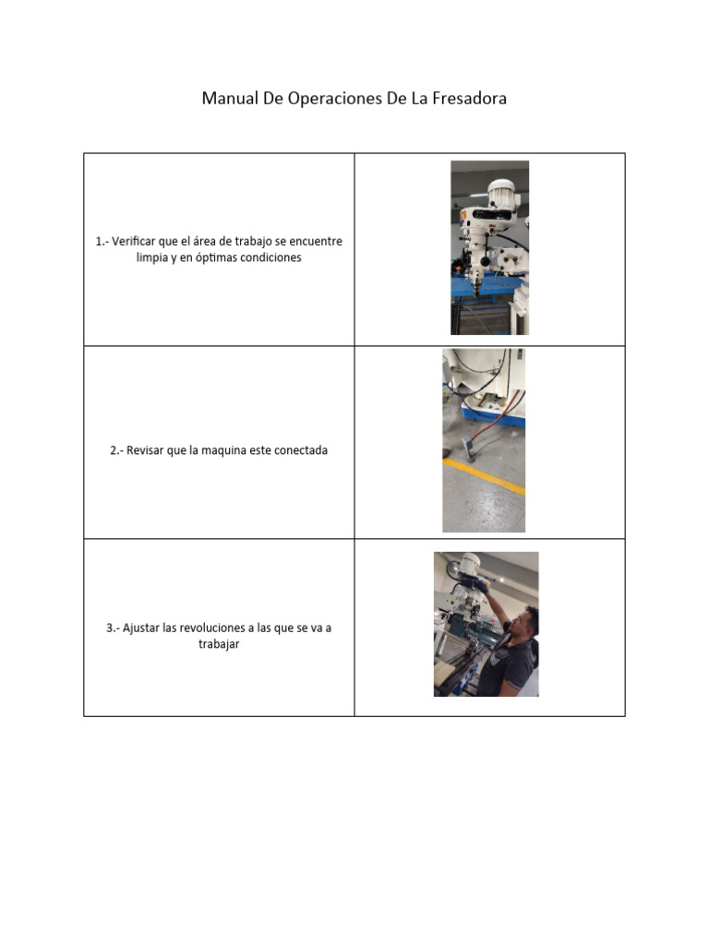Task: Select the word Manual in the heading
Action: [231, 99]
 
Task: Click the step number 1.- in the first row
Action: [102, 242]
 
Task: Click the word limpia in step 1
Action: [151, 258]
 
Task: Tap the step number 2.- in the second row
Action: [117, 451]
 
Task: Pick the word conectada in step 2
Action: [298, 451]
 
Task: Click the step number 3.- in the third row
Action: [114, 628]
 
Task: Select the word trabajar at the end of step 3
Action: [219, 645]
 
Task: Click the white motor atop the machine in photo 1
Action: [499, 195]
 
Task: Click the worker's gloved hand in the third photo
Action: [482, 588]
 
